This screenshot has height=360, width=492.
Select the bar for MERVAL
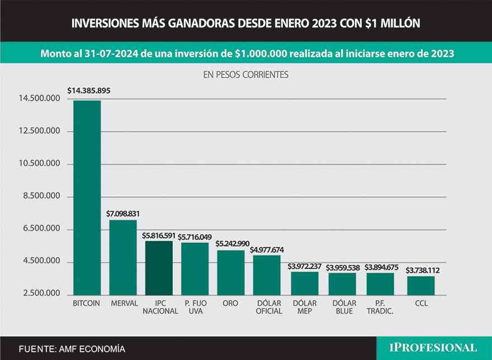[122, 257]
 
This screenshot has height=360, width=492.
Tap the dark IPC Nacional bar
[159, 268]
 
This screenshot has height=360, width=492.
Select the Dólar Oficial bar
[267, 274]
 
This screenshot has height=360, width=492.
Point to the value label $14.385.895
[88, 91]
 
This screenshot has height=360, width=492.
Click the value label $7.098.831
[123, 214]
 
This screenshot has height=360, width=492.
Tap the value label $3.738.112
[422, 269]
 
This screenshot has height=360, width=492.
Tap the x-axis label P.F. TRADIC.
[380, 307]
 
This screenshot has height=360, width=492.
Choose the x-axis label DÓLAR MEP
[305, 307]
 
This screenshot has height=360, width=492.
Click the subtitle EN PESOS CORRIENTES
[245, 74]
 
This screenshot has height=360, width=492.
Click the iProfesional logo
[433, 347]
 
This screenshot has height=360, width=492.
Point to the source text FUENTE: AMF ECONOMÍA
[72, 349]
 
